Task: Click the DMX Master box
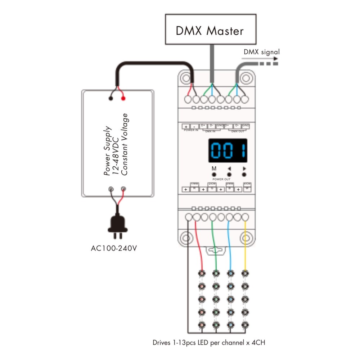click(x=211, y=30)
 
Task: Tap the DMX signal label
click(x=262, y=52)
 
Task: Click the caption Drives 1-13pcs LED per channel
click(x=209, y=342)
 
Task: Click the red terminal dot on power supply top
click(x=123, y=98)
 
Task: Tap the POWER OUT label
click(x=221, y=179)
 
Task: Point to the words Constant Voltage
click(x=125, y=144)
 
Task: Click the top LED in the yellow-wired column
click(x=245, y=273)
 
